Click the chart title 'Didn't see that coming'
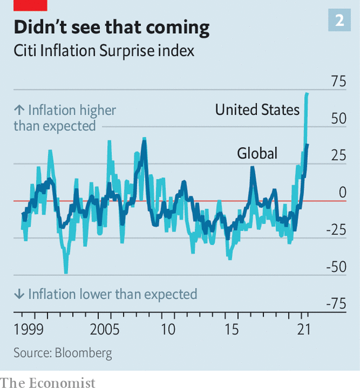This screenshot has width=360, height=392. point(111,28)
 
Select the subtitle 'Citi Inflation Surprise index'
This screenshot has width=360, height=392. point(104,50)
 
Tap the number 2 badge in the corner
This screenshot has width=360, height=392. point(339,21)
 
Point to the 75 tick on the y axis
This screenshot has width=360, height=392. point(338,82)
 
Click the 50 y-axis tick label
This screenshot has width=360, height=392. point(338,118)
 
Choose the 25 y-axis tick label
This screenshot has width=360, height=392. point(338,155)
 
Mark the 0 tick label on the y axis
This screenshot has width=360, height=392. point(342,192)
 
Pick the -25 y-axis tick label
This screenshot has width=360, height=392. point(336,230)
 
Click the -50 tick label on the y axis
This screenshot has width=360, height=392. point(336,266)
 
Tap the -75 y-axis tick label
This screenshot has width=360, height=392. point(336,304)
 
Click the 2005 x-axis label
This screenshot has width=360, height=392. point(106,329)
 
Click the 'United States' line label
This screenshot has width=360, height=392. point(257,110)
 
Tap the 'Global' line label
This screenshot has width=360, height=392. point(257,153)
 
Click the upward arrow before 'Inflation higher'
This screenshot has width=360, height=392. point(19,110)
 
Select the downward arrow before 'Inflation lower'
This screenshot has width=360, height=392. point(19,294)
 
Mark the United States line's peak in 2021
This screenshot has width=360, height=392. point(307,94)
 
